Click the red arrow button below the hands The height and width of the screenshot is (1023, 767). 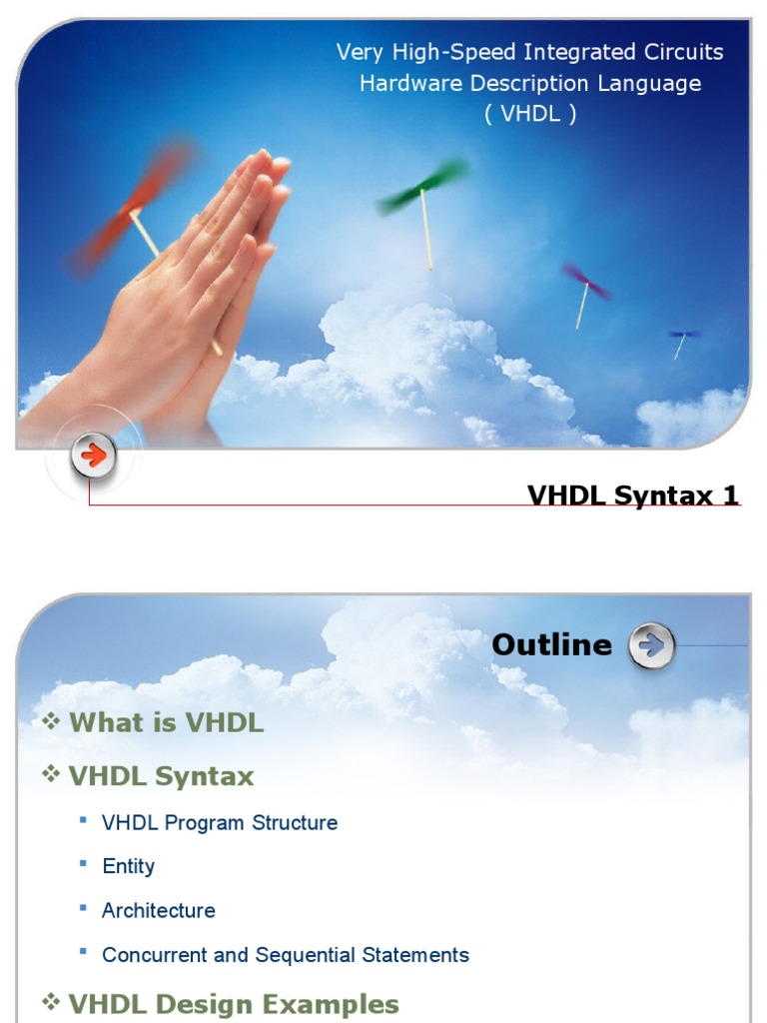[x=93, y=458]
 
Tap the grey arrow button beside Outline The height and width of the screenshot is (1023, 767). [x=651, y=646]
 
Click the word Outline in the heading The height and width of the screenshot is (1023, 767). [x=551, y=645]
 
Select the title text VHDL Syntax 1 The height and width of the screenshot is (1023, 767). [x=633, y=495]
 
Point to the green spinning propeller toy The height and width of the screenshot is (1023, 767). [x=422, y=186]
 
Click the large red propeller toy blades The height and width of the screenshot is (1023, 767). [x=132, y=209]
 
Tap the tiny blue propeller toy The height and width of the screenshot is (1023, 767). [x=684, y=335]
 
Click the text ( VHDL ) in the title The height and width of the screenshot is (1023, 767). [x=530, y=114]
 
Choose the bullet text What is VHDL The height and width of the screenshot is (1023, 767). [x=166, y=723]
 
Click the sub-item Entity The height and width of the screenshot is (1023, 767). [x=129, y=866]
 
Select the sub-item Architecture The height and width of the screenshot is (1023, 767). [x=159, y=910]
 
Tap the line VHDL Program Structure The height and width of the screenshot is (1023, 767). [x=220, y=822]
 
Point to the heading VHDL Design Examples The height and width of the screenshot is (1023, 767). [x=234, y=1004]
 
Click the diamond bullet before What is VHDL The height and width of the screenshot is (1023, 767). [x=52, y=722]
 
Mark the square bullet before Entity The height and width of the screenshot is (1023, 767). [x=84, y=863]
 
